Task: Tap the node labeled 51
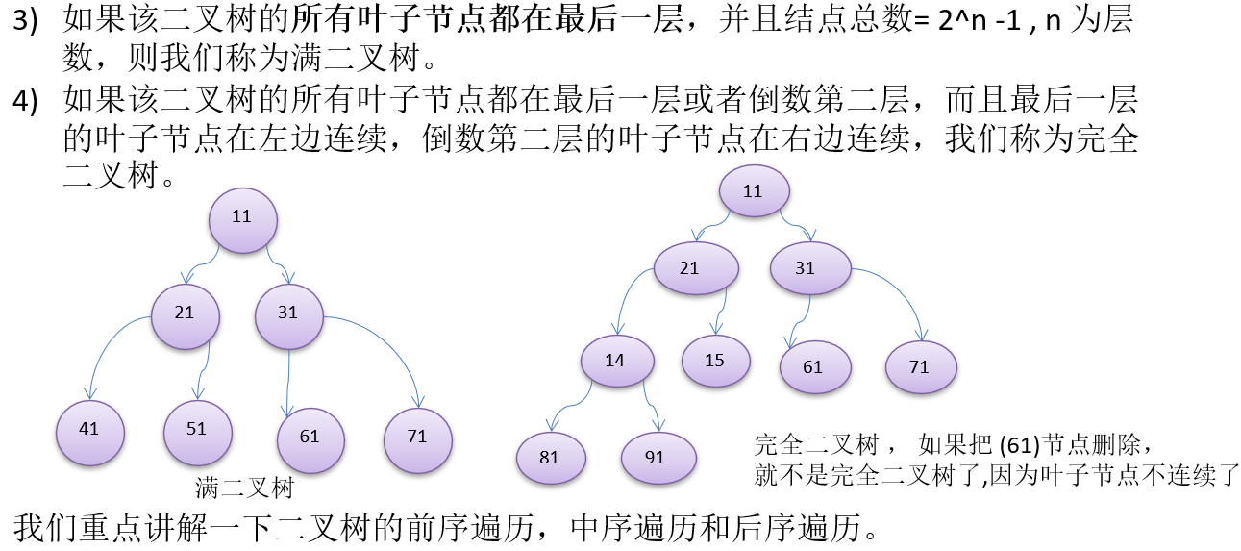click(197, 429)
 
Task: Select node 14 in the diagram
click(616, 361)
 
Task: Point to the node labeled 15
click(715, 361)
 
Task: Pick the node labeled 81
click(550, 457)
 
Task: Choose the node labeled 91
click(657, 457)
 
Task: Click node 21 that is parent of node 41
click(186, 313)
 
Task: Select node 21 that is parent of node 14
click(690, 268)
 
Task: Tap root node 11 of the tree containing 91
click(753, 191)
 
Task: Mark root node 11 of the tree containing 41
click(242, 217)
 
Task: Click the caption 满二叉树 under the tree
click(244, 488)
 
